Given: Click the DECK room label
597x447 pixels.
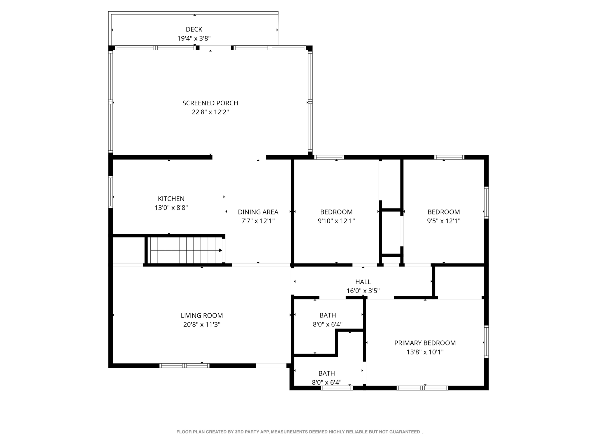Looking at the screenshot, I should (194, 29).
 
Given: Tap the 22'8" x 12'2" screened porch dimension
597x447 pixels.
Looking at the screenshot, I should (210, 112).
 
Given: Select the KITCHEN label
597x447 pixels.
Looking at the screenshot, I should (171, 199).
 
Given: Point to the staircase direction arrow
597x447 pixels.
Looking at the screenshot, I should (220, 250).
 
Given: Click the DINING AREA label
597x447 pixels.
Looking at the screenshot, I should (258, 212).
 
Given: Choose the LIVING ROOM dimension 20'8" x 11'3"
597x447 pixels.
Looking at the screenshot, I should (202, 324).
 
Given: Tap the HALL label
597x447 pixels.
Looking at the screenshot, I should (363, 282).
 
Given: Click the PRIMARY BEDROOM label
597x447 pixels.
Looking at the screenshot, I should (425, 343).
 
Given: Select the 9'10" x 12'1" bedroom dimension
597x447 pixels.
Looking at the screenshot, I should (336, 221).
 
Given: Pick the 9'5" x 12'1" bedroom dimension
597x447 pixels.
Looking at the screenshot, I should (443, 221).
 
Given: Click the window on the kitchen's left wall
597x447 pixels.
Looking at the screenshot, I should (110, 192).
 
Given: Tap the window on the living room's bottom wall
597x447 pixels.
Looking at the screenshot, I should (184, 366).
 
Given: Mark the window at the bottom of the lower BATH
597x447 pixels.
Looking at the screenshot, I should (336, 388).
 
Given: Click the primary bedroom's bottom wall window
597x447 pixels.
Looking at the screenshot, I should (422, 388).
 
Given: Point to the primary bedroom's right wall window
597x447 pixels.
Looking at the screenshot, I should (486, 341).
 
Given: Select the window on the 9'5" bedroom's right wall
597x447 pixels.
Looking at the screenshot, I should (486, 202).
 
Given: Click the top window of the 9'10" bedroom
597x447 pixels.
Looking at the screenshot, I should (329, 157).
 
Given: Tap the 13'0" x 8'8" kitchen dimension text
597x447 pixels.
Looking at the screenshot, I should (171, 208).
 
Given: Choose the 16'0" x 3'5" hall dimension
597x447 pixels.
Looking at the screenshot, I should (363, 291).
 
